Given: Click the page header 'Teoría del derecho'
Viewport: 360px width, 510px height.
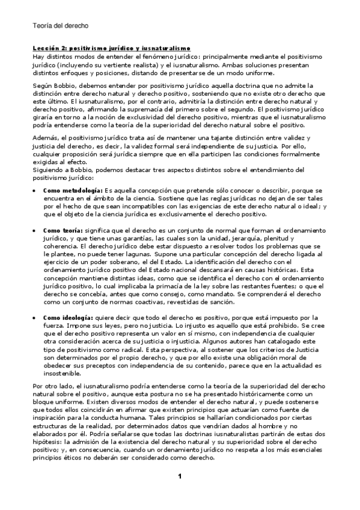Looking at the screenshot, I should (x=60, y=26).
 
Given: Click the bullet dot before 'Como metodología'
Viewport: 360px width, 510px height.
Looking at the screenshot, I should (x=35, y=190).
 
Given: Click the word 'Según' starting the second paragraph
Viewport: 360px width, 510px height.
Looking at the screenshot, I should (x=43, y=86).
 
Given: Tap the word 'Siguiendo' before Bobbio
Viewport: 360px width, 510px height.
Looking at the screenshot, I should (x=49, y=170).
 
